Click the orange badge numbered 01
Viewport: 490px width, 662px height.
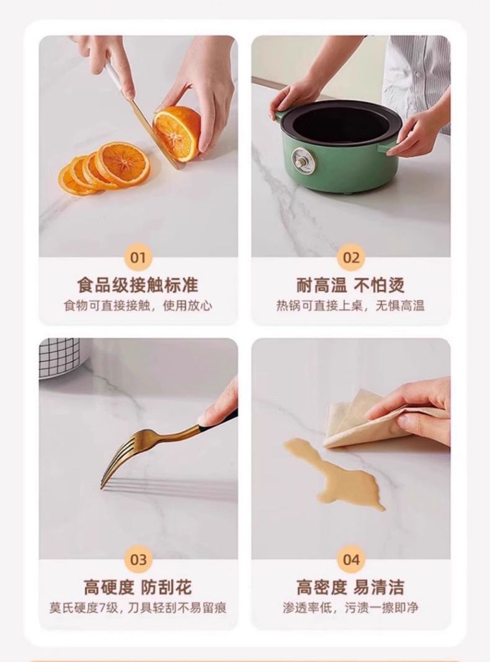[x=138, y=257]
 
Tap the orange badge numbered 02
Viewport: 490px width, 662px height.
[x=351, y=257]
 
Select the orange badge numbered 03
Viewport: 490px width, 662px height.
[x=138, y=560]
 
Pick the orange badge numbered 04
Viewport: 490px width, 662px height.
[x=351, y=560]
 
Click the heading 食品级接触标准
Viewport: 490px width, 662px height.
[x=138, y=285]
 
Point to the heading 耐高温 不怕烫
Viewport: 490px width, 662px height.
[x=350, y=285]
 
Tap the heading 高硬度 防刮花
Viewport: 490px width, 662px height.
[x=138, y=588]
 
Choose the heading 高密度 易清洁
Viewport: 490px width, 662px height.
[x=350, y=588]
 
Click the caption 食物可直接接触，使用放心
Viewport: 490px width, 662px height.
[x=138, y=306]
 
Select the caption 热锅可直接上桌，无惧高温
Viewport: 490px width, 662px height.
[x=350, y=306]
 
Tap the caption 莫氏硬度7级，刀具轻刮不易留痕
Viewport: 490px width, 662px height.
[x=138, y=607]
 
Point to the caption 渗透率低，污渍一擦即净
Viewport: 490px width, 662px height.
[x=350, y=607]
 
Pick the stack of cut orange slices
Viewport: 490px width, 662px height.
[x=105, y=168]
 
